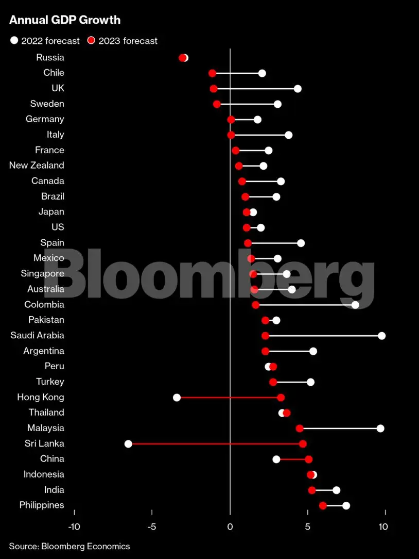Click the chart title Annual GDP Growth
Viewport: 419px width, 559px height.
[65, 20]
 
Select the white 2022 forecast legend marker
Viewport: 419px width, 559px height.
[14, 41]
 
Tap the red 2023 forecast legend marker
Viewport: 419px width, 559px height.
[91, 41]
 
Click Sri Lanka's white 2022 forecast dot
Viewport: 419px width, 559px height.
[128, 444]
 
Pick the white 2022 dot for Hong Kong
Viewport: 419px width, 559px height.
[177, 398]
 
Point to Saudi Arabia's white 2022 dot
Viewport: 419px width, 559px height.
[381, 336]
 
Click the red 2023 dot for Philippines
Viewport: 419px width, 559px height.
[323, 505]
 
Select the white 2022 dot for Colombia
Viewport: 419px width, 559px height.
[355, 305]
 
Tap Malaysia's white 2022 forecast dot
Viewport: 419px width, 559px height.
[380, 429]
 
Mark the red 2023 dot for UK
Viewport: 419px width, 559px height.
[214, 89]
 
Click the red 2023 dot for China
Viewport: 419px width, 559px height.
[308, 459]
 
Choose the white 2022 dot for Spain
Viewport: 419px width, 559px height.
[301, 243]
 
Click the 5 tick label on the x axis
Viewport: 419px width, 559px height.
[307, 527]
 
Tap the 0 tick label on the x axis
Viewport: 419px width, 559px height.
[230, 527]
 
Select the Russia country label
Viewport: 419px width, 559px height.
[50, 57]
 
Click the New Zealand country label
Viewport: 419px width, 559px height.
[37, 166]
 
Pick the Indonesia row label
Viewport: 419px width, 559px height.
[44, 474]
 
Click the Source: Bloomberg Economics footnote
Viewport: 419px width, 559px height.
[69, 546]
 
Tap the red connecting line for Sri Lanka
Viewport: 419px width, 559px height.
[216, 444]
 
